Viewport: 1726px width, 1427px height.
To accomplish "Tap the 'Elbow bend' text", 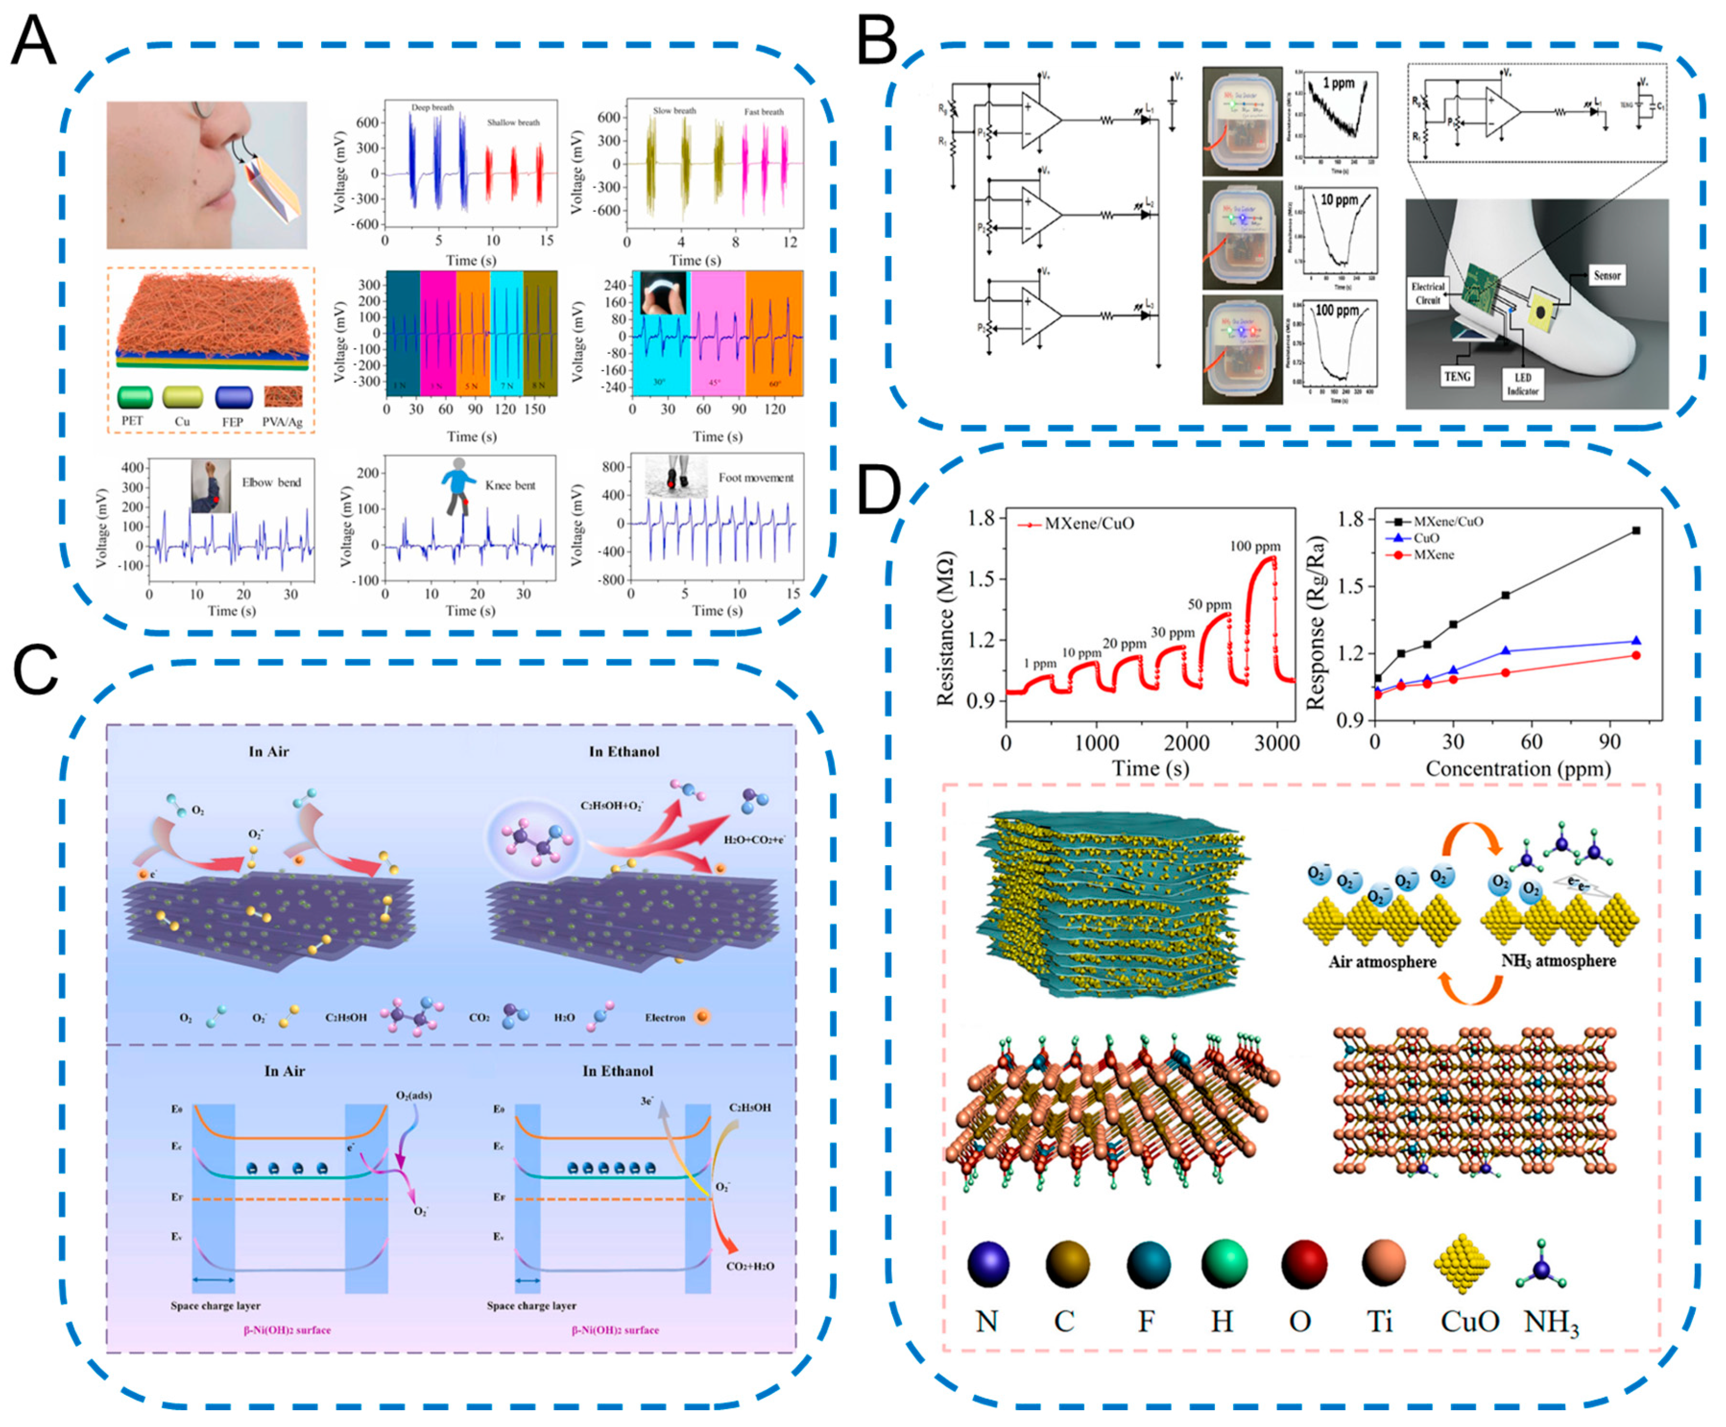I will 271,483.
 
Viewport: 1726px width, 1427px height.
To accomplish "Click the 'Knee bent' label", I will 510,485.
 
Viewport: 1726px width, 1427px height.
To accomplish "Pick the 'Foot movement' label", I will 755,478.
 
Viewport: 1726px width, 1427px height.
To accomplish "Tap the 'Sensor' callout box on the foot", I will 1607,275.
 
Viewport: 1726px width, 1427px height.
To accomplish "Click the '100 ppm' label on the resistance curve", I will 1255,546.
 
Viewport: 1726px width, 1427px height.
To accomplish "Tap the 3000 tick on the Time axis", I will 1276,743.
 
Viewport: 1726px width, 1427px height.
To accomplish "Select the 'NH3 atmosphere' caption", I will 1558,961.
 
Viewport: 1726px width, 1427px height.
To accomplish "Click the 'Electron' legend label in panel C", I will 664,1018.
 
